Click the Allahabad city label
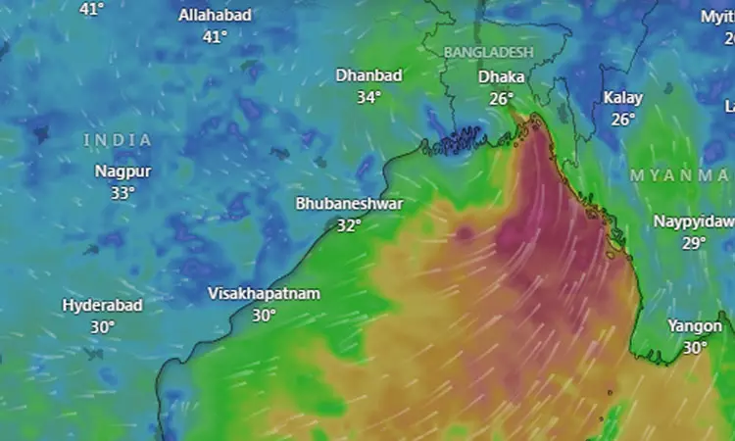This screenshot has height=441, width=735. (215, 15)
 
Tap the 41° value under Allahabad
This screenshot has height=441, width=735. (215, 36)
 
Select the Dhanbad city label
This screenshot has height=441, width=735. (369, 74)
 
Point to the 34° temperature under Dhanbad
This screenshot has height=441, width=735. (368, 97)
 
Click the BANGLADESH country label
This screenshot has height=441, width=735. (488, 51)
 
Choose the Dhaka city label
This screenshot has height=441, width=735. (501, 76)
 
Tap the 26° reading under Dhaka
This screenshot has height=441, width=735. (502, 98)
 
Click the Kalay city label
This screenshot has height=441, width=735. (623, 97)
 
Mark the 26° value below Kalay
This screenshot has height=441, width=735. (623, 119)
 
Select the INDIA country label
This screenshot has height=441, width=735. (118, 140)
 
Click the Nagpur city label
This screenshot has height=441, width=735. (122, 171)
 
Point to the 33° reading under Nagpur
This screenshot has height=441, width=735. (122, 193)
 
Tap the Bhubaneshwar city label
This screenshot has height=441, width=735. (349, 203)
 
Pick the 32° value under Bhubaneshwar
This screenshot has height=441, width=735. (349, 224)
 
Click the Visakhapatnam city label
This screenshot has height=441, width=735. (264, 293)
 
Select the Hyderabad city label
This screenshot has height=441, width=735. (103, 305)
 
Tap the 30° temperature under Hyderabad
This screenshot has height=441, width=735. (103, 326)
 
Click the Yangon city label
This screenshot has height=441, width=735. (695, 325)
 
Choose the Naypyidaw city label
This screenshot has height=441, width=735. (694, 221)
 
